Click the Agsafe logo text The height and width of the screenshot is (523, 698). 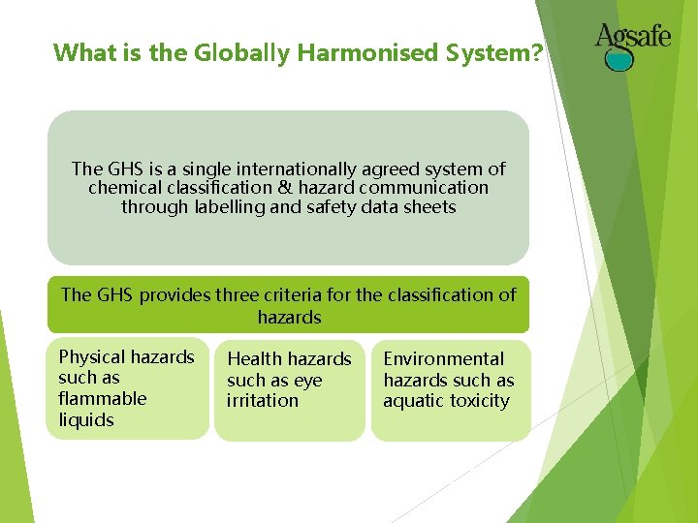pos(632,38)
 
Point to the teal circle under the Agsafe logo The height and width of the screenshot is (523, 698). pos(619,59)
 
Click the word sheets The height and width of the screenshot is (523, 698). pos(429,207)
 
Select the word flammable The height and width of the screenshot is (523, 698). pos(103,398)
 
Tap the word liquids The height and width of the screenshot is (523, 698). pos(86,419)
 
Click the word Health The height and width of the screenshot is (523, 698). pos(255,359)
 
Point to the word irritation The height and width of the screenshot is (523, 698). pos(263,400)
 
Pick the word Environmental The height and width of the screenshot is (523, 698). pos(444,358)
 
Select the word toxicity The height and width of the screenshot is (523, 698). pos(479,400)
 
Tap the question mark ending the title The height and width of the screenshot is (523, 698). pos(537,52)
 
